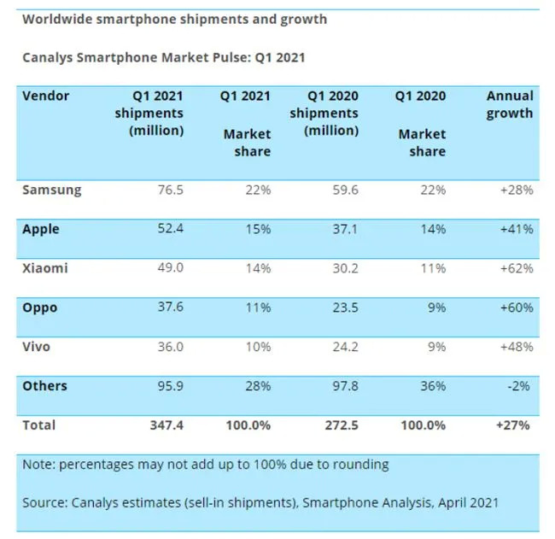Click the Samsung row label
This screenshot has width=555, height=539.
point(52,190)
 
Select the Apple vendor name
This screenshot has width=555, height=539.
point(41,229)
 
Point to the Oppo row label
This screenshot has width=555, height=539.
point(40,308)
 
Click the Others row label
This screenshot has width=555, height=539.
point(45,386)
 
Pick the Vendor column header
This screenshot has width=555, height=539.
point(45,96)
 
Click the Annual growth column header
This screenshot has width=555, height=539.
point(510,104)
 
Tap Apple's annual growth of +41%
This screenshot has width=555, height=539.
point(518,229)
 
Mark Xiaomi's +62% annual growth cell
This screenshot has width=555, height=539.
point(518,268)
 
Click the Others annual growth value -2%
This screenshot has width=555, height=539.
point(522,386)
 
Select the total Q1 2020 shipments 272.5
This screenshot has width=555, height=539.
point(339,425)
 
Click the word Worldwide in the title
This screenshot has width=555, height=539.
point(58,19)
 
